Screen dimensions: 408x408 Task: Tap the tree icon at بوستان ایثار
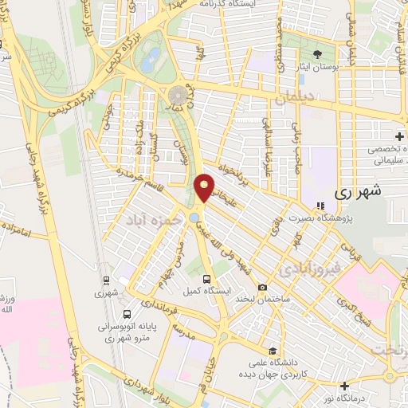(318, 54)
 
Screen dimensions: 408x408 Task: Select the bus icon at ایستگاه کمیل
(207, 279)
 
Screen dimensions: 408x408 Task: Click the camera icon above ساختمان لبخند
(263, 287)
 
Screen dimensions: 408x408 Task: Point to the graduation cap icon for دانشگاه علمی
(273, 351)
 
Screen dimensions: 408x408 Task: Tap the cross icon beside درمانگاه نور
(390, 375)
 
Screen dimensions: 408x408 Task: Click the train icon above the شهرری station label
(105, 280)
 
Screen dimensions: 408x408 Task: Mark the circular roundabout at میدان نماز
(177, 96)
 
